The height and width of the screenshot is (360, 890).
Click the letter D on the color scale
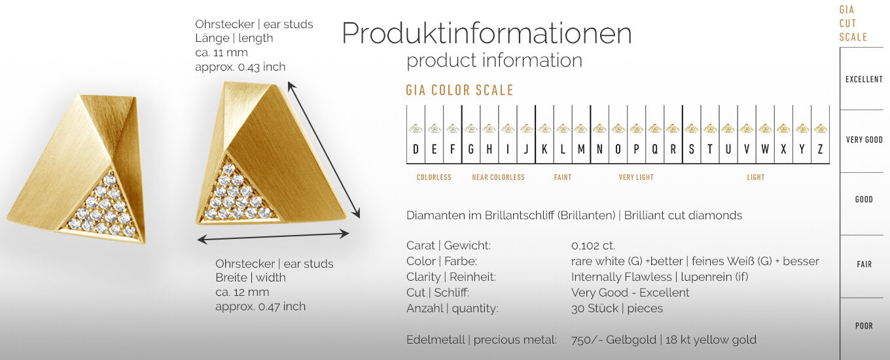pos(416,149)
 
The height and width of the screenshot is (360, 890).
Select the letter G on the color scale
pos(471,149)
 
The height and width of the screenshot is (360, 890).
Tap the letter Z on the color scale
pos(820,149)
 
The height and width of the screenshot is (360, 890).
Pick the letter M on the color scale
pos(581,149)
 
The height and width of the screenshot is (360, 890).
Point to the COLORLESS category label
pos(434,177)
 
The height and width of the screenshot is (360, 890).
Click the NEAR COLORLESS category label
pos(498,177)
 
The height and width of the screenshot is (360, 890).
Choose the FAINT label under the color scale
pos(563,177)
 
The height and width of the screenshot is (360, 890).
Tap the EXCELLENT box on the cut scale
pos(864,79)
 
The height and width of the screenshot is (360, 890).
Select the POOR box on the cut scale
pos(864,326)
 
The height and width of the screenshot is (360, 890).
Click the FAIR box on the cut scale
pos(864,264)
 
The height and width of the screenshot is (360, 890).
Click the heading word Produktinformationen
pos(486,33)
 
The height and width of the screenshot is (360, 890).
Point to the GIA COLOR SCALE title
pos(459,90)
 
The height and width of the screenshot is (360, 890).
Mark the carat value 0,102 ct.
pos(593,245)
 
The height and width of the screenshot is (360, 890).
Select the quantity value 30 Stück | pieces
pos(616,308)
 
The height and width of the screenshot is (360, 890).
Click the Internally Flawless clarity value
pos(621,277)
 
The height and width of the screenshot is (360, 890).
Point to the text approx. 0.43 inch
pos(240,67)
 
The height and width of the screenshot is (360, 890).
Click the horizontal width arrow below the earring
pos(273,236)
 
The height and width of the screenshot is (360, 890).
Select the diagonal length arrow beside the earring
pos(323,150)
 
